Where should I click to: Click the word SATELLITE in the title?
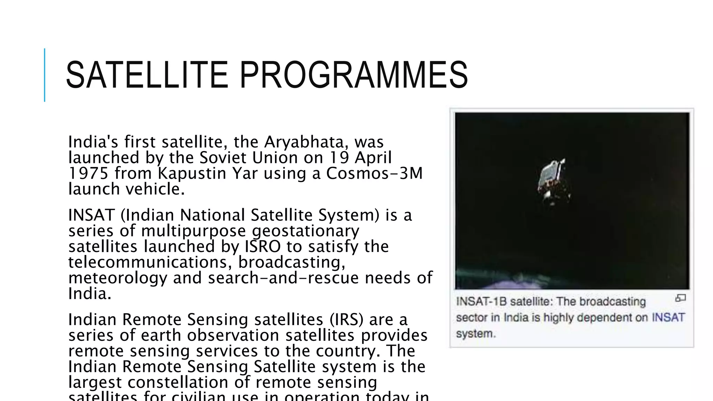coord(147,75)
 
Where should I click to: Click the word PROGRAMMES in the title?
coord(353,75)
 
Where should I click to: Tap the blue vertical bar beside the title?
coord(45,75)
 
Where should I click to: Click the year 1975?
coord(88,173)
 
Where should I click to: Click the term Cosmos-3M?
coord(374,173)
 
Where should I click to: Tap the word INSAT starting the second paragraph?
coord(91,215)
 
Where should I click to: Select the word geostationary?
coord(305,231)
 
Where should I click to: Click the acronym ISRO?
coord(263,246)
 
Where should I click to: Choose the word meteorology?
coord(118,278)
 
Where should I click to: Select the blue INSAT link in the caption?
coord(668,317)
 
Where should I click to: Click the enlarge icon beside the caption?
coord(680,298)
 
